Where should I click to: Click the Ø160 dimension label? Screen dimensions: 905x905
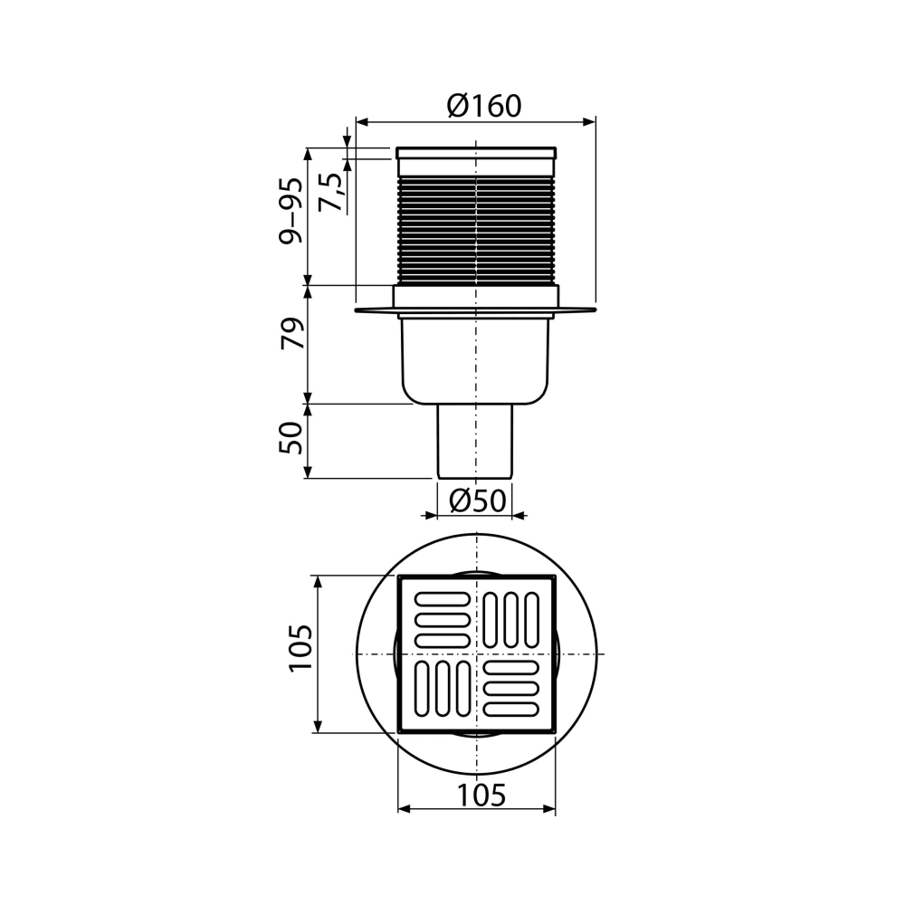click(483, 106)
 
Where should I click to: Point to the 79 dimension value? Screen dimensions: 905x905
click(291, 332)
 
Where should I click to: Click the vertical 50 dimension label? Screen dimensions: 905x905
click(291, 438)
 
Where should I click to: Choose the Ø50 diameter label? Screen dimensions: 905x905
click(477, 500)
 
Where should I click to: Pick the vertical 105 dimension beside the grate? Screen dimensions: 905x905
click(300, 648)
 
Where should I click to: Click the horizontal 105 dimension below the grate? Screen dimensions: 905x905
click(481, 795)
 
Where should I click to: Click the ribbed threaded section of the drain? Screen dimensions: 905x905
click(476, 231)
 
